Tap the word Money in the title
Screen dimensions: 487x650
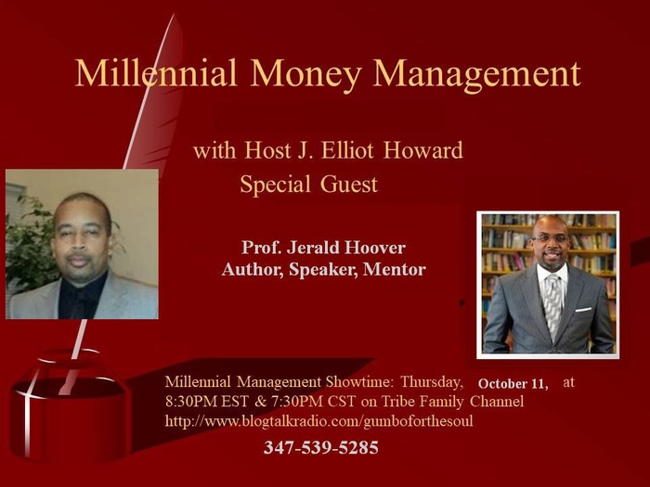pos(305,72)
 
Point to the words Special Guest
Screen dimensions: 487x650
pos(308,185)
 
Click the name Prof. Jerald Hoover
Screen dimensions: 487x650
pos(323,248)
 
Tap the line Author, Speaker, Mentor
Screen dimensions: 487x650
pos(323,270)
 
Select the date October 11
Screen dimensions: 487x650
pos(513,383)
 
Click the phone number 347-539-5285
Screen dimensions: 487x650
pos(320,448)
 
